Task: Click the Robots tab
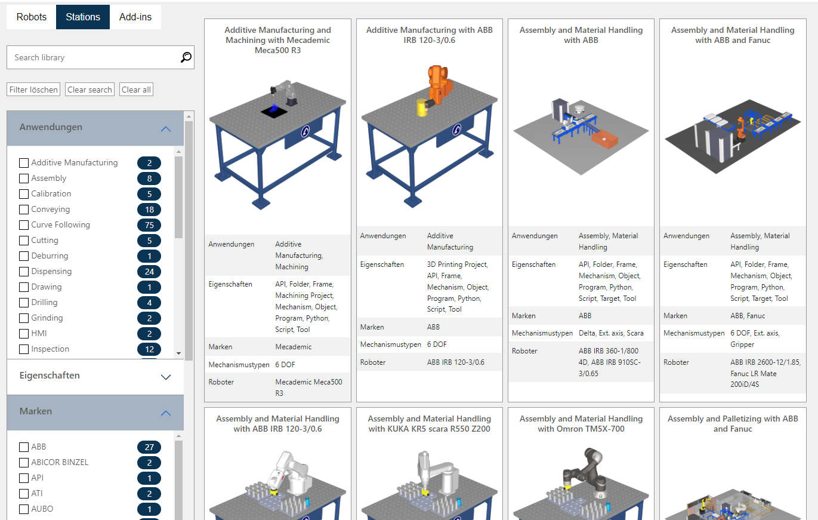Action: pyautogui.click(x=31, y=17)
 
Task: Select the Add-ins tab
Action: pyautogui.click(x=135, y=17)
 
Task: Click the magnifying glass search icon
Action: pyautogui.click(x=186, y=57)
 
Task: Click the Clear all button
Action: pyautogui.click(x=136, y=90)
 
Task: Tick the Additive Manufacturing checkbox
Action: pyautogui.click(x=24, y=163)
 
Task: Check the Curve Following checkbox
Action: pyautogui.click(x=24, y=225)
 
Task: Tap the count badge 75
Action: pyautogui.click(x=149, y=225)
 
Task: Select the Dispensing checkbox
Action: pyautogui.click(x=24, y=272)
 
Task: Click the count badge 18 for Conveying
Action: pyautogui.click(x=149, y=210)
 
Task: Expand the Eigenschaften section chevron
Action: pyautogui.click(x=166, y=377)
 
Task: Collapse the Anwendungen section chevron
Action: pyautogui.click(x=166, y=128)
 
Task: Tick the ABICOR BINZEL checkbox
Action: pyautogui.click(x=24, y=463)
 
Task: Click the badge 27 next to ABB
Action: pyautogui.click(x=149, y=447)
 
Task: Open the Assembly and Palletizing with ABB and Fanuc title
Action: pyautogui.click(x=733, y=424)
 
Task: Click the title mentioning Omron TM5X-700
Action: pyautogui.click(x=581, y=424)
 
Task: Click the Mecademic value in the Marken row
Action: pyautogui.click(x=294, y=347)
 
